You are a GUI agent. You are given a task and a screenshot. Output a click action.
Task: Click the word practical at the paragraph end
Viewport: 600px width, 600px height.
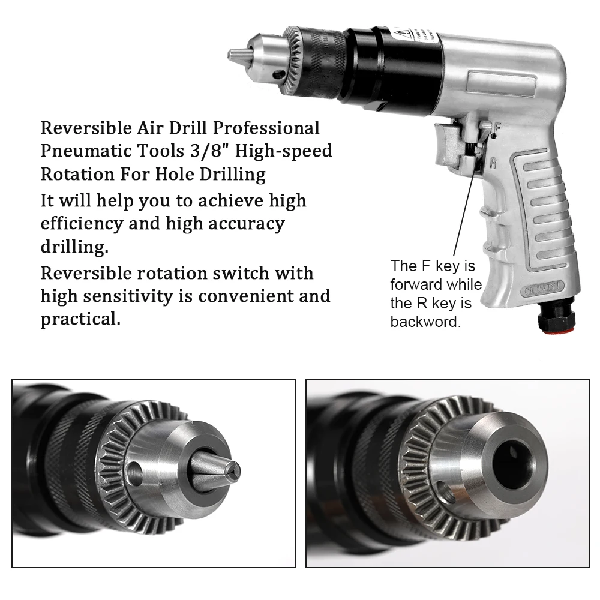point(80,319)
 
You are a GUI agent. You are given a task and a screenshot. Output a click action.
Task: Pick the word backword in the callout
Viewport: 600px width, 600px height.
point(425,322)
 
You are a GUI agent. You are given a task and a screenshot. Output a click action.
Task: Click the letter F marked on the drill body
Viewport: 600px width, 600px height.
point(497,127)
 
